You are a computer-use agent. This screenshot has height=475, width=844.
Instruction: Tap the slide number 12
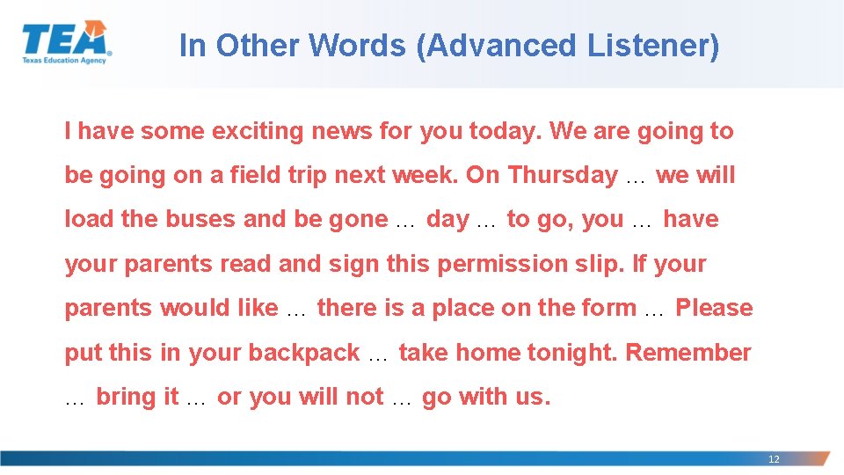[x=774, y=459]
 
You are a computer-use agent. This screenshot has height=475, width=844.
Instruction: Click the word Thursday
[x=563, y=176]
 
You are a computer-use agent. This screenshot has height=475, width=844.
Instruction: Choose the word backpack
[x=304, y=354]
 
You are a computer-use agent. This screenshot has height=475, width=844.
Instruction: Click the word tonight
[x=572, y=353]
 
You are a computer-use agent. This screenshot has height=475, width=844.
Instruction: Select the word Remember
[x=688, y=353]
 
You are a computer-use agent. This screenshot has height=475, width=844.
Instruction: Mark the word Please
[x=714, y=309]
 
